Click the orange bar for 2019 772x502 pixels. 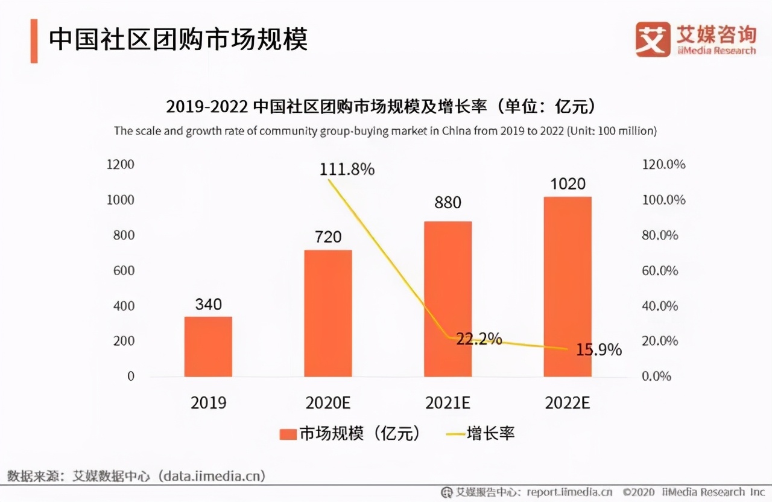tap(208, 346)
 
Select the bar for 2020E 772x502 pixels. tap(328, 313)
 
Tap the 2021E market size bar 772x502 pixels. tap(448, 299)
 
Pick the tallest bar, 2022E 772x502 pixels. tap(568, 287)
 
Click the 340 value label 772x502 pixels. tap(208, 304)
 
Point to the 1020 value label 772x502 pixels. tap(568, 183)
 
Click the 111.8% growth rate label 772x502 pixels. tap(347, 170)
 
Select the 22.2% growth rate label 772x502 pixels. tap(479, 339)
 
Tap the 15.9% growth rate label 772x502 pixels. tap(598, 349)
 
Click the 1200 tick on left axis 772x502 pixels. tap(121, 165)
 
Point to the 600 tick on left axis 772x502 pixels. tap(124, 270)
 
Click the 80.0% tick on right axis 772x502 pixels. tap(660, 235)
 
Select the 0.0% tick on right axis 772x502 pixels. tap(656, 376)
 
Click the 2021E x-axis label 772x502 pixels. tap(448, 403)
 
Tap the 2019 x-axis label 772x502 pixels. tap(208, 403)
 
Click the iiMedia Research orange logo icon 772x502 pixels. tap(652, 39)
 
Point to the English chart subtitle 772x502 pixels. tap(385, 131)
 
